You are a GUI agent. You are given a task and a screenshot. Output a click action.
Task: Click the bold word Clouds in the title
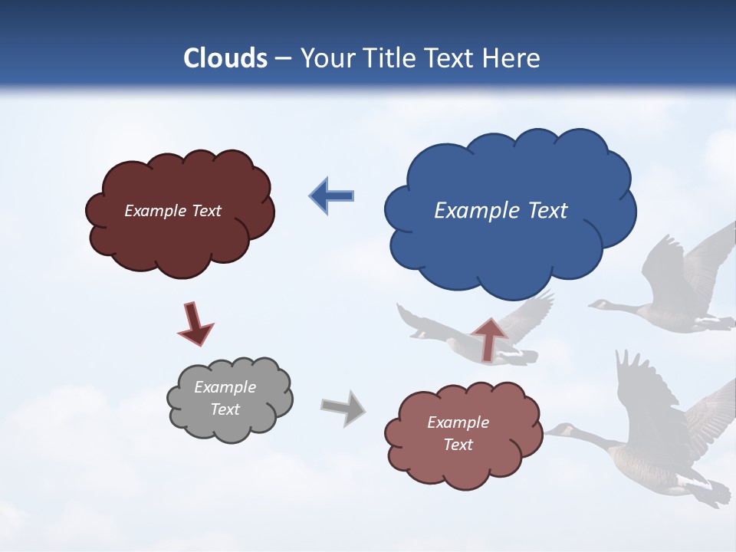pos(225,58)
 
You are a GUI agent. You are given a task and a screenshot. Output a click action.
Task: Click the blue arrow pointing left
pos(331,195)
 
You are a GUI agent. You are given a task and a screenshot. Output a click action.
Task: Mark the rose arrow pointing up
pos(488,338)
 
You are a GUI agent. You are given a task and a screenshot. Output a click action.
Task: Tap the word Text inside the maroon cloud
pos(206,211)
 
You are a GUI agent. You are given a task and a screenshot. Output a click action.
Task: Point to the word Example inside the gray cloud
pos(225,387)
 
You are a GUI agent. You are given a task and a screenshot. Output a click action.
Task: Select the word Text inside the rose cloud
pos(458,445)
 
